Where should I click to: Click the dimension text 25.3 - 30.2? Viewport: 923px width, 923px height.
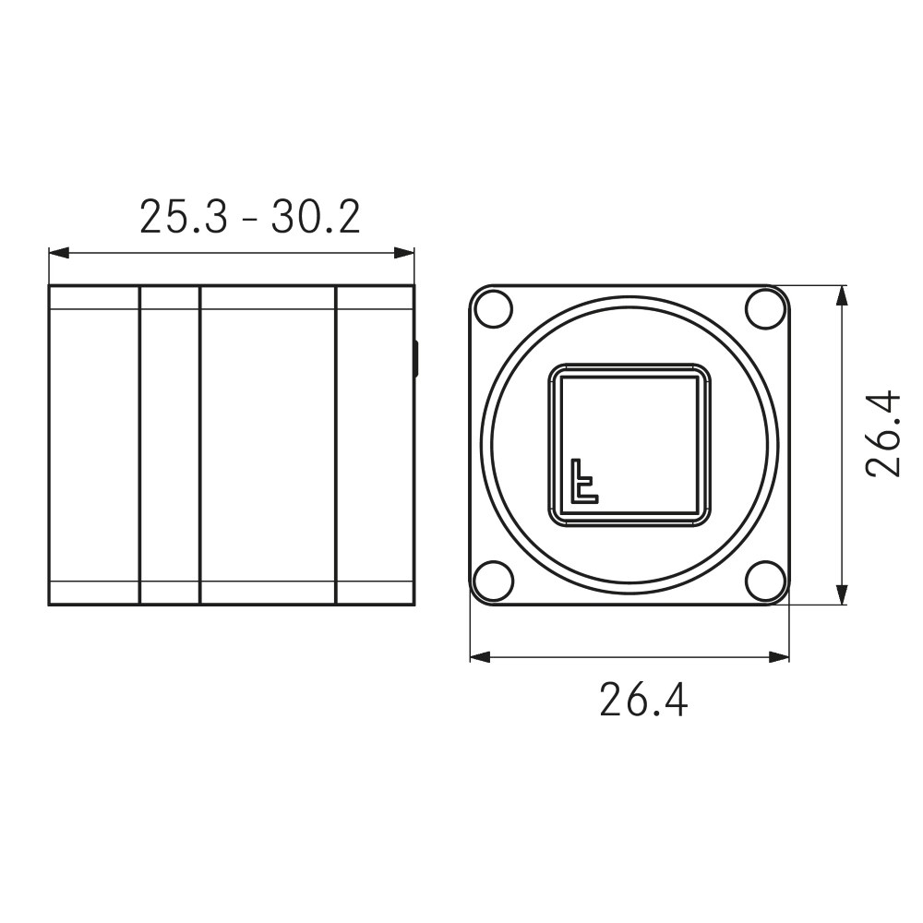point(249,218)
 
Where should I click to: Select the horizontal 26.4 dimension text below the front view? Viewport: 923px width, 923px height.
point(643,700)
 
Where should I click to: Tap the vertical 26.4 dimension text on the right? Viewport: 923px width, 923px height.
point(883,433)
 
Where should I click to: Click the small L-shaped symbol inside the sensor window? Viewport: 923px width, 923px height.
point(582,481)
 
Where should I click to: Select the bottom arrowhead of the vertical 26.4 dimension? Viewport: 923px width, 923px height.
point(841,594)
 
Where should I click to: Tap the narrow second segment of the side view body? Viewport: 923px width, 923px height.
point(169,445)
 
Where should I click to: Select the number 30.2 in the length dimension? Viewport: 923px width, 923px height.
point(315,218)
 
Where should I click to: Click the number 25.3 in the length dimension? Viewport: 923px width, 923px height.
point(182,218)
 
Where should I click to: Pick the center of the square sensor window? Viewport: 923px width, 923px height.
point(629,445)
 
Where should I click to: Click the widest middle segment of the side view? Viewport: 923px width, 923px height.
point(268,445)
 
